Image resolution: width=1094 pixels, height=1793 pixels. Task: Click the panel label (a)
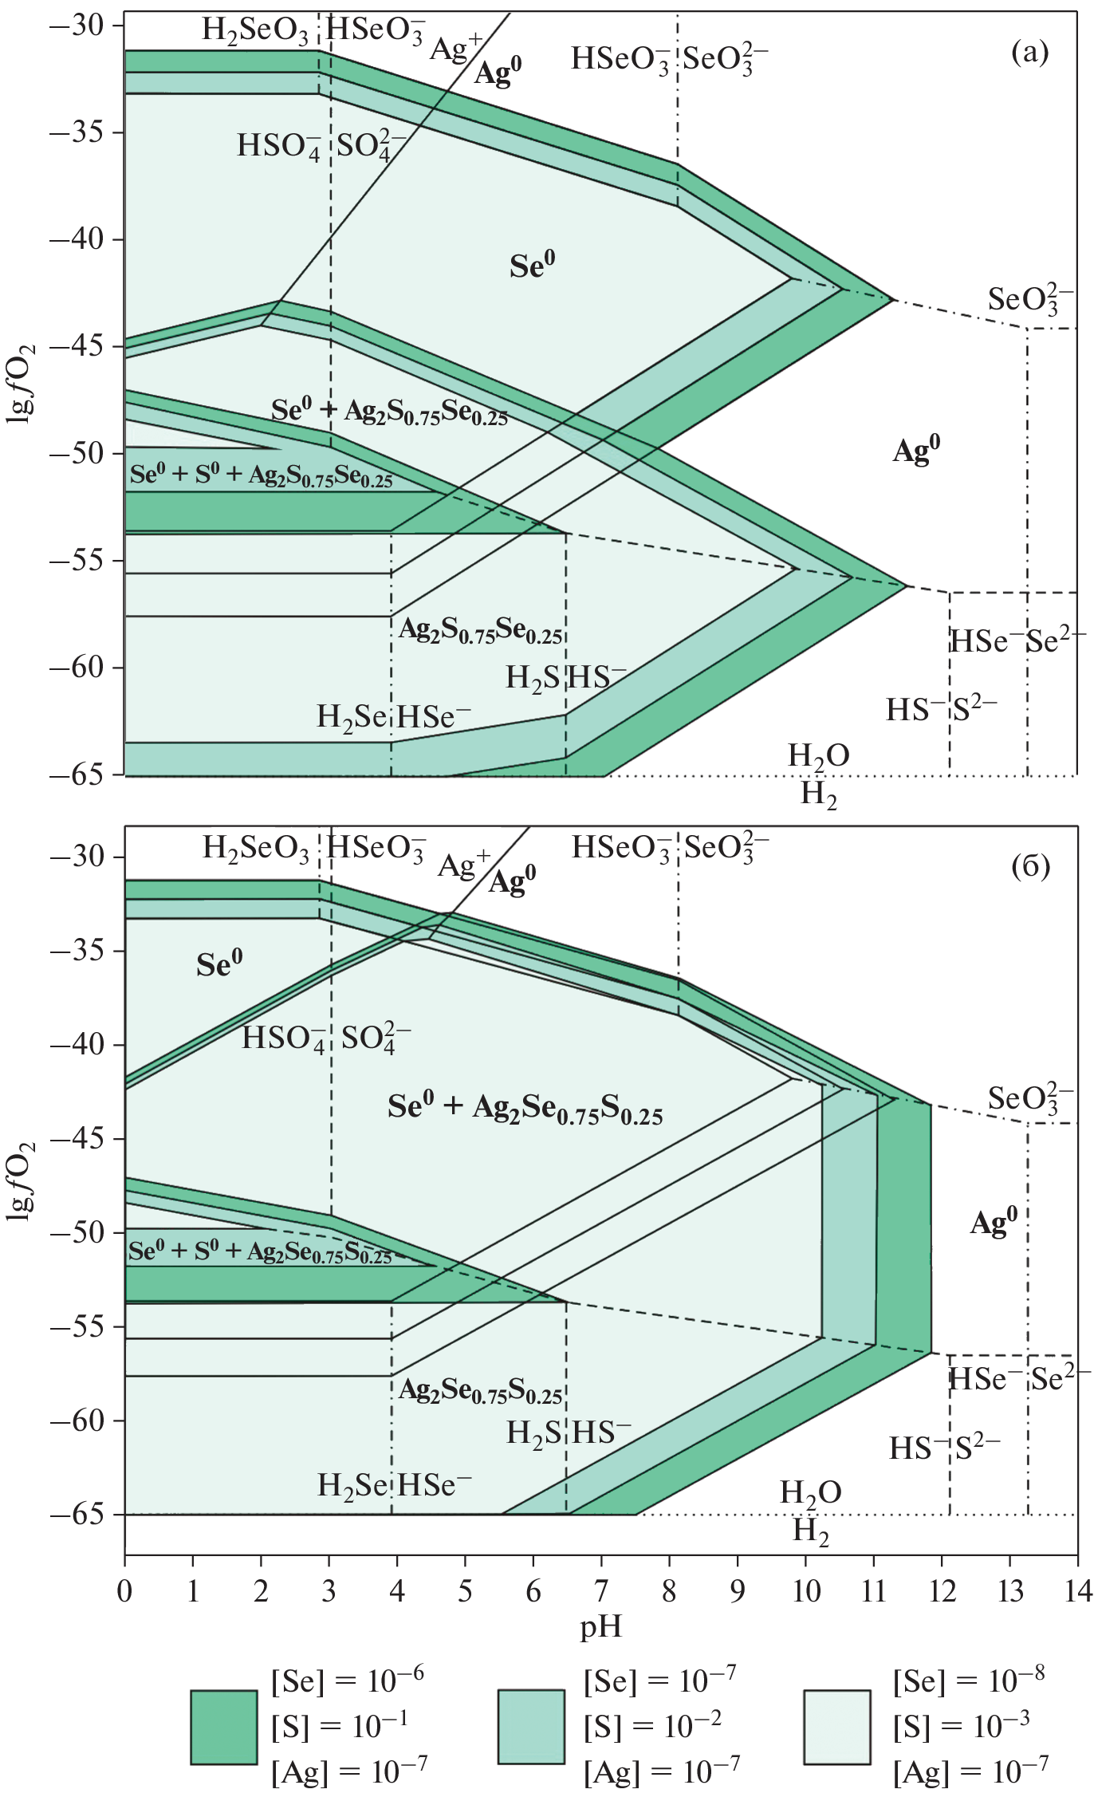(1029, 53)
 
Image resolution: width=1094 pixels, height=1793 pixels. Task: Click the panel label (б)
(1030, 867)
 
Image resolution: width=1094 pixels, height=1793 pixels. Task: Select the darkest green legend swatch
(224, 1727)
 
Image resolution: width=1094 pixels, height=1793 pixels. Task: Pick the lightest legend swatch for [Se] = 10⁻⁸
(836, 1727)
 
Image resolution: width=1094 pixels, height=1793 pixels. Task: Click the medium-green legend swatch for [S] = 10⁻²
(530, 1727)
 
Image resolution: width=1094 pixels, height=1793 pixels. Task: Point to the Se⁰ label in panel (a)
(532, 266)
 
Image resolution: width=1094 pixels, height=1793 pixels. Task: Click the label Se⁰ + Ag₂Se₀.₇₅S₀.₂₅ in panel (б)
(525, 1109)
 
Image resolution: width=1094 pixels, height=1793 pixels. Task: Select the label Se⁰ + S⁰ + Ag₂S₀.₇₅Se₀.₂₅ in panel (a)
(262, 475)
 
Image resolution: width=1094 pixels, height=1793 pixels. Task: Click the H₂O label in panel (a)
(818, 755)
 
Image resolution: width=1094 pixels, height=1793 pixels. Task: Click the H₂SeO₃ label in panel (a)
(255, 30)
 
